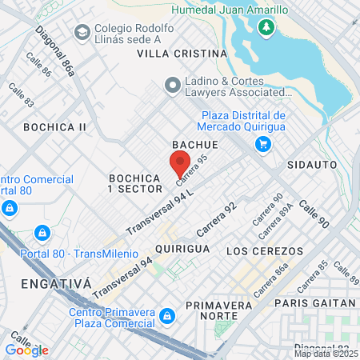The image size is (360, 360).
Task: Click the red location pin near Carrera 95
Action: click(178, 163)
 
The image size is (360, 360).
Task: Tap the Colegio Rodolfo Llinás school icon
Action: click(82, 33)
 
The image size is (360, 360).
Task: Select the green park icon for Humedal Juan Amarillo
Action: click(266, 29)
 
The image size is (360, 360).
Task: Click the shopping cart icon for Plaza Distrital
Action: click(262, 144)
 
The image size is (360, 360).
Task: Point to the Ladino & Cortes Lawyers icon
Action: click(172, 84)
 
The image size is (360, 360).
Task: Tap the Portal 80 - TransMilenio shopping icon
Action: click(42, 234)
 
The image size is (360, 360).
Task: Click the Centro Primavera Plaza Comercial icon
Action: click(166, 315)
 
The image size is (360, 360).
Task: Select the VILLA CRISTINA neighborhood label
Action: click(182, 54)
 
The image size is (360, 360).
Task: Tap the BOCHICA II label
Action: click(54, 127)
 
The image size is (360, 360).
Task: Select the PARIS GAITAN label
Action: click(314, 302)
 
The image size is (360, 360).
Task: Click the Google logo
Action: click(26, 350)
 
